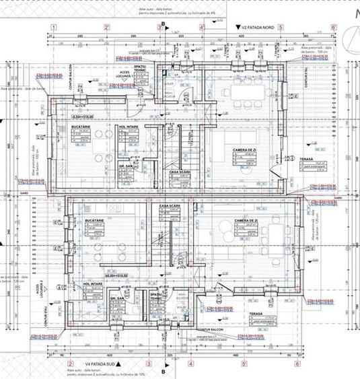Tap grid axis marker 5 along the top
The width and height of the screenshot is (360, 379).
click(x=281, y=28)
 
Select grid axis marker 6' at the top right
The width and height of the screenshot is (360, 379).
click(x=333, y=28)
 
